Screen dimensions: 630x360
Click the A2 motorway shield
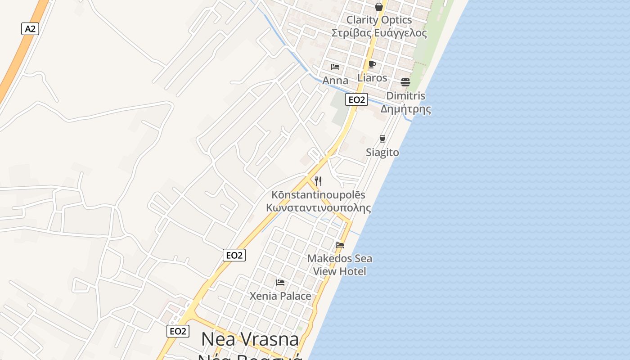pos(30,29)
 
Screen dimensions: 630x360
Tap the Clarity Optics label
pos(379,20)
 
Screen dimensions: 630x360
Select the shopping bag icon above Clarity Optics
pos(379,7)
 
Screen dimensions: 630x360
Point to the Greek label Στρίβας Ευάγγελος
pos(379,33)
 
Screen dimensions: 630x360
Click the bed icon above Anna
pos(335,67)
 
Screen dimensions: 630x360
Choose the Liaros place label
pos(372,77)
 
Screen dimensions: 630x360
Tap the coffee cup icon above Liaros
pos(372,64)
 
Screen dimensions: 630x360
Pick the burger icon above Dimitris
pos(405,82)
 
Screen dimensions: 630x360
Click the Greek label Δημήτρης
pos(406,109)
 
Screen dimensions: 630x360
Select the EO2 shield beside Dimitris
pos(356,99)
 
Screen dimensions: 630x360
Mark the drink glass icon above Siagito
pos(382,139)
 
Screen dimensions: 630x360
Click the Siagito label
pos(382,152)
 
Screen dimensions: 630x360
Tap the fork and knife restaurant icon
pos(318,181)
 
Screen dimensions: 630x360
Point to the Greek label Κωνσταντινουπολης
pos(319,208)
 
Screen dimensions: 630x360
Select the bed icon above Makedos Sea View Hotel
pos(340,245)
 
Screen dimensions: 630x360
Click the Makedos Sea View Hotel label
pos(340,265)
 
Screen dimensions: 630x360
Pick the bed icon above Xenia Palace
pos(280,283)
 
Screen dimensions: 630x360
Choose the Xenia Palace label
pos(280,296)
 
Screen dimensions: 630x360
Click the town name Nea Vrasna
pos(250,339)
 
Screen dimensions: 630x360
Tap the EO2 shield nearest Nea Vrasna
pos(178,331)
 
